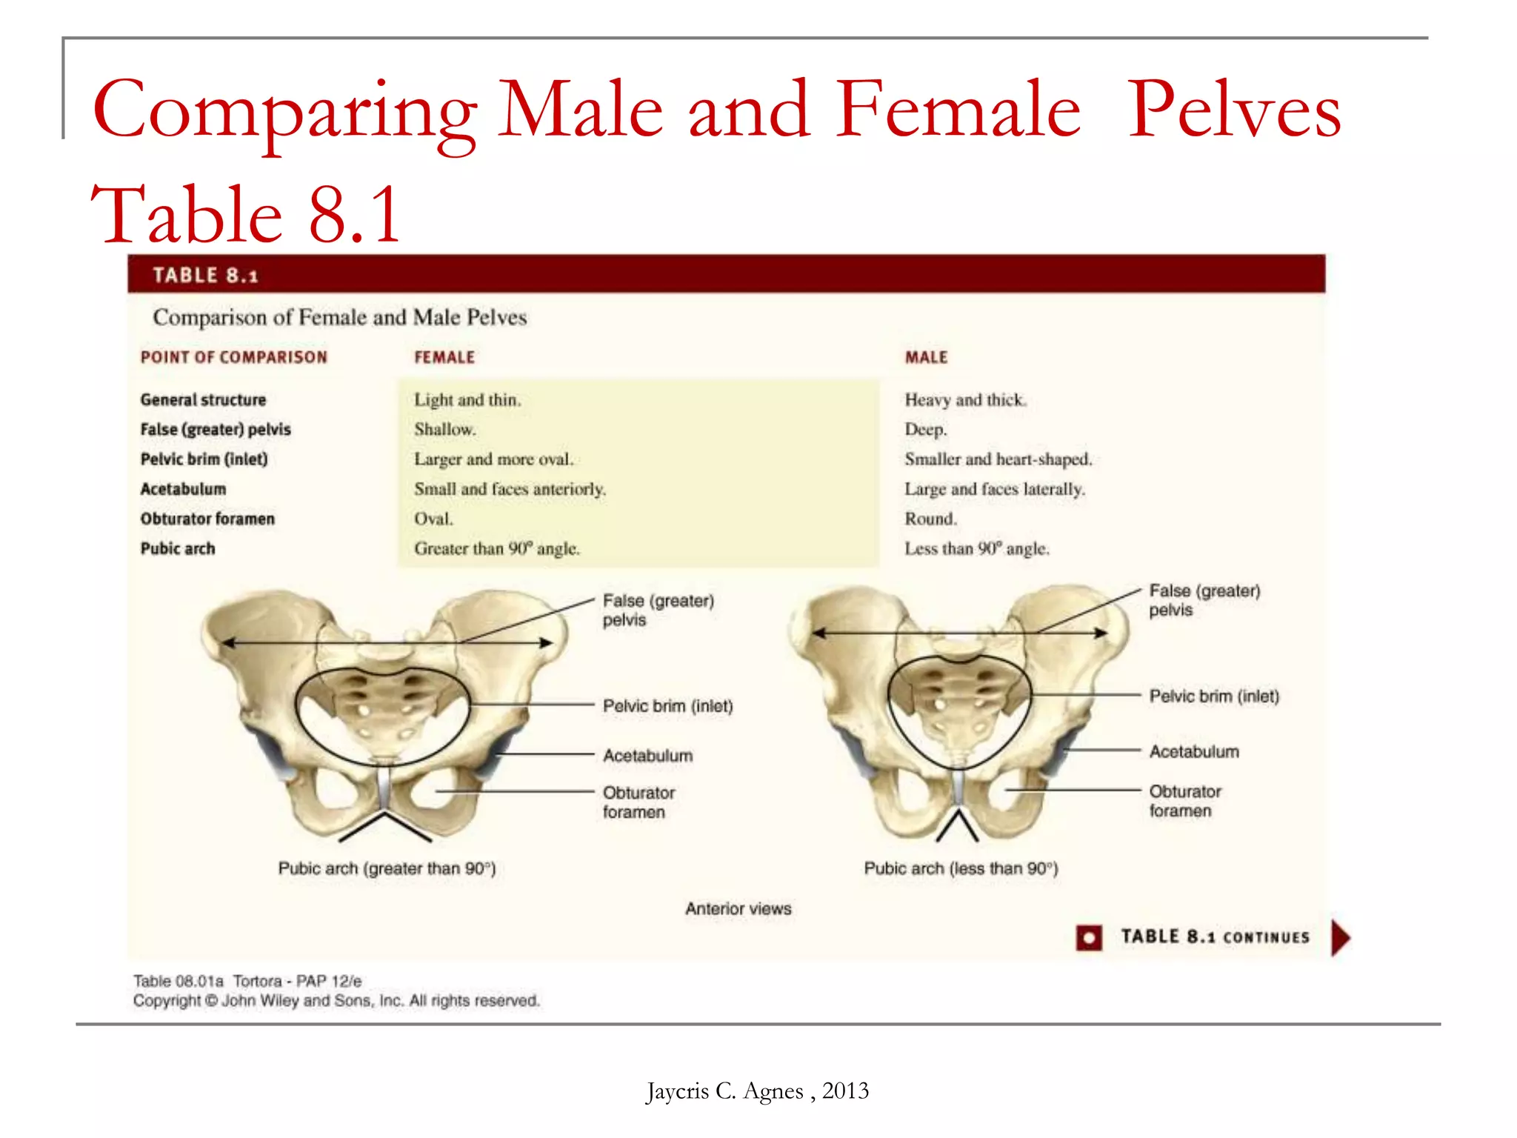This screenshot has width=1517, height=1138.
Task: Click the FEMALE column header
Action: (x=444, y=357)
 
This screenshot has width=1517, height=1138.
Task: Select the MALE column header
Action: (x=926, y=357)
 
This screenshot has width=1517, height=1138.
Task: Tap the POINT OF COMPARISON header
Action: (x=233, y=357)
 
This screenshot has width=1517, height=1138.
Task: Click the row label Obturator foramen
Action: (x=207, y=519)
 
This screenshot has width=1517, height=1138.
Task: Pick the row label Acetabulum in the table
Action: (x=183, y=489)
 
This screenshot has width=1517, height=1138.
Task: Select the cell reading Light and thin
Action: (x=467, y=400)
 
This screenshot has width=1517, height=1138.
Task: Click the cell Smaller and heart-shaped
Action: (x=998, y=459)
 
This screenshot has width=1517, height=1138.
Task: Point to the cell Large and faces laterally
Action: (x=994, y=489)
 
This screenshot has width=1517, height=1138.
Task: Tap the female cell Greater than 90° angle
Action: (x=496, y=549)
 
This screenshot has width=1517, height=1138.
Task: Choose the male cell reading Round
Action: (x=930, y=519)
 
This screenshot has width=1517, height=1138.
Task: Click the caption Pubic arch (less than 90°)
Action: (x=961, y=868)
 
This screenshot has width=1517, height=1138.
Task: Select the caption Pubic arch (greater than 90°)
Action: (x=387, y=868)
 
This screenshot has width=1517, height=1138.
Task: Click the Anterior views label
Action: (x=738, y=908)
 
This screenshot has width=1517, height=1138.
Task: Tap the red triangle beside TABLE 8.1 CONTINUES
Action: (x=1340, y=938)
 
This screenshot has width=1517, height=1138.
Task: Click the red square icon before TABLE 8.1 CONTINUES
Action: (x=1089, y=938)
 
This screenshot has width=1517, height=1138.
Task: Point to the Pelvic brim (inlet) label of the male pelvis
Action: (x=1214, y=696)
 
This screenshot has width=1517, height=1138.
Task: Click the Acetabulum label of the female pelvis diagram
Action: (x=647, y=756)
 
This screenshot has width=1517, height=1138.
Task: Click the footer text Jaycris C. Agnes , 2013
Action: (x=757, y=1091)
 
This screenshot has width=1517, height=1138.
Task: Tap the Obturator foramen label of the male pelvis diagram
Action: (x=1184, y=801)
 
